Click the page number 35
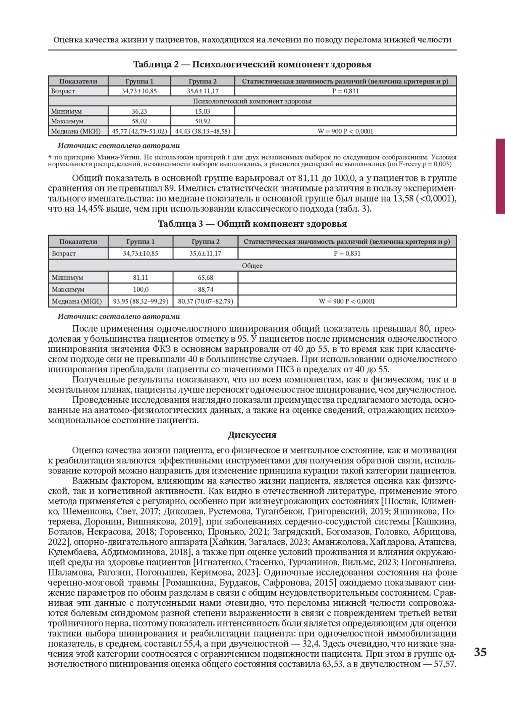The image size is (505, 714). (480, 652)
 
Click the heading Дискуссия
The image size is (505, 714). (252, 435)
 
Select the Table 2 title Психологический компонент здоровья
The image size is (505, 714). (252, 64)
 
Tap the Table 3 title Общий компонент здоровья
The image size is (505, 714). (252, 224)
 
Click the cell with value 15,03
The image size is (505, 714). (202, 111)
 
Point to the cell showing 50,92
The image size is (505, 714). (202, 121)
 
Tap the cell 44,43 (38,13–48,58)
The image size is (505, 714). (202, 131)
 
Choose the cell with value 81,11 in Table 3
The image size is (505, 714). (141, 278)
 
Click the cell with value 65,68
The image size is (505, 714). (205, 278)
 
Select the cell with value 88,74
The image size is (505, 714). (205, 289)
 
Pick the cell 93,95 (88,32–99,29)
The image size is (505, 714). (141, 301)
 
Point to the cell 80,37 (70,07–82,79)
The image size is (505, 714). (205, 301)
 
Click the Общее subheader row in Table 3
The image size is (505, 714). (252, 265)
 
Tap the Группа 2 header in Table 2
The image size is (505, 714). (202, 81)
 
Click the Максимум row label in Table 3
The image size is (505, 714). (68, 289)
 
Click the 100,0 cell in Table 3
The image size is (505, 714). (141, 289)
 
